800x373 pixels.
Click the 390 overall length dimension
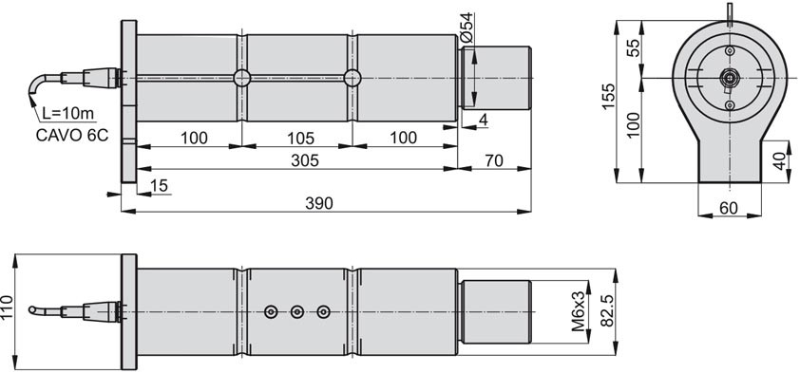click(x=319, y=203)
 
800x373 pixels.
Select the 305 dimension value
click(x=305, y=160)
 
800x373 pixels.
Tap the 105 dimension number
click(x=300, y=138)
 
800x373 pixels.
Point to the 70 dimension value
click(x=493, y=160)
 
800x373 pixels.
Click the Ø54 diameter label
click(x=467, y=28)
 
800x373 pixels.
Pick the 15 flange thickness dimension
click(x=160, y=186)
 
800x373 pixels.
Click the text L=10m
click(x=67, y=114)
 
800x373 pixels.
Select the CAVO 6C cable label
click(x=72, y=136)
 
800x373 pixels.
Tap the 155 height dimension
click(x=608, y=96)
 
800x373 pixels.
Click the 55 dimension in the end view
click(x=633, y=49)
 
